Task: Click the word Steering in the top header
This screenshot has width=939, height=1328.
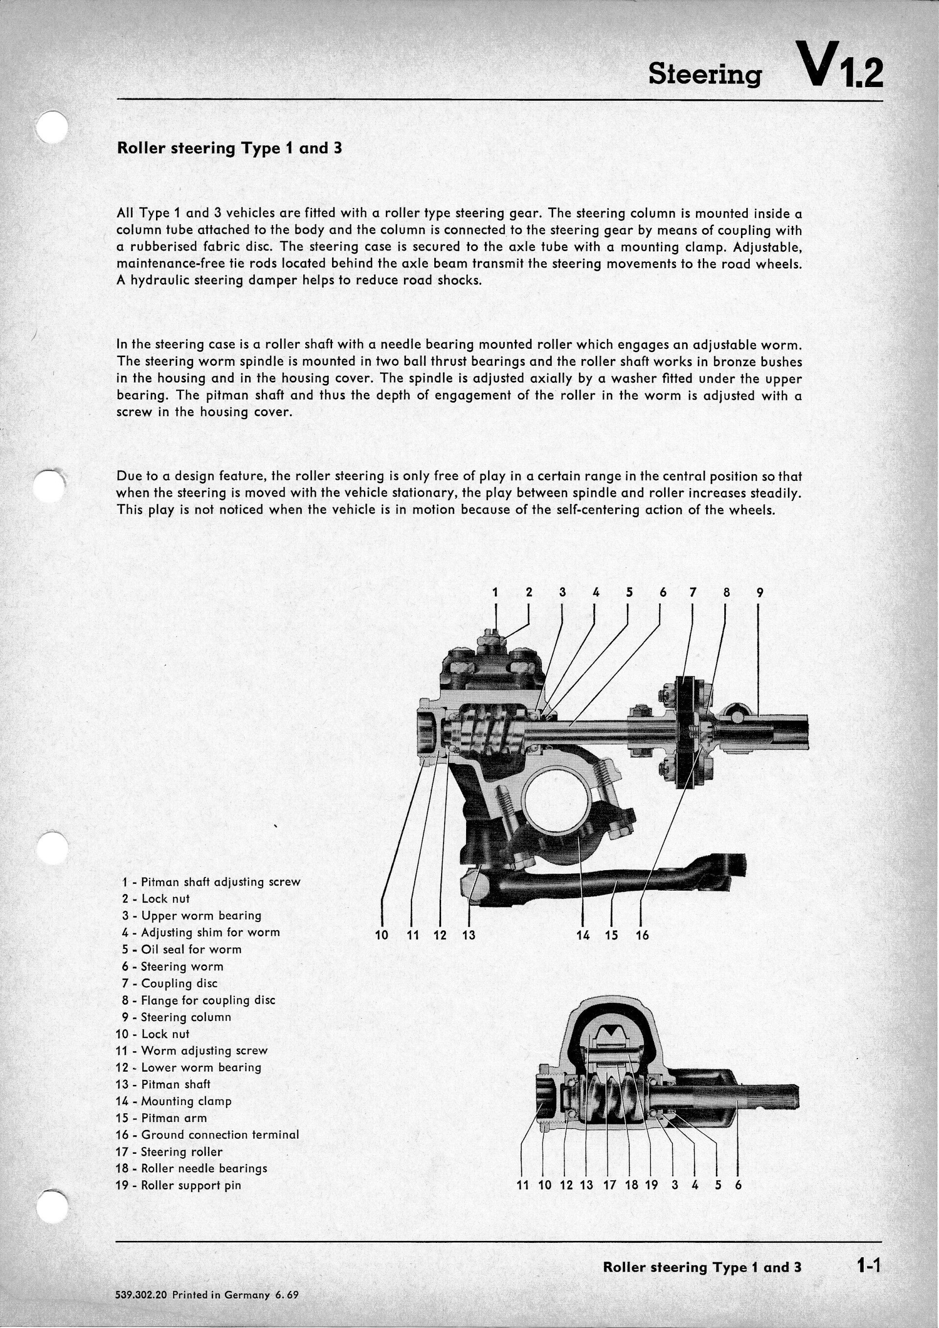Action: point(704,74)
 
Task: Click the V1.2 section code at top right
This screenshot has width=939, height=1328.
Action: point(839,66)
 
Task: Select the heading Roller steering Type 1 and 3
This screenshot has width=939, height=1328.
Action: point(229,148)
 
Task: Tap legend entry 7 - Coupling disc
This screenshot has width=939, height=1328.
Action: point(170,983)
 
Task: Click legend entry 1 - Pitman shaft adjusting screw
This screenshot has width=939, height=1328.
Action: point(211,881)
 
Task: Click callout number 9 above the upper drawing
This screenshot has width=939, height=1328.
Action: point(760,592)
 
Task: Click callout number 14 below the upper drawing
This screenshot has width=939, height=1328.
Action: point(583,935)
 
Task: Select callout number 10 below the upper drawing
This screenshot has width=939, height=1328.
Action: point(381,935)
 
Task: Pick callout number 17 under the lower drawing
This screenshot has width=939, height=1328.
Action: point(609,1185)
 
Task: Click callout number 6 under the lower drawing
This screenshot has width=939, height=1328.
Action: point(738,1185)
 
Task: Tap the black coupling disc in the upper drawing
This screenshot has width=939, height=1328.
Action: point(688,731)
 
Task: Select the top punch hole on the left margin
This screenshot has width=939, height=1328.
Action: point(51,127)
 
